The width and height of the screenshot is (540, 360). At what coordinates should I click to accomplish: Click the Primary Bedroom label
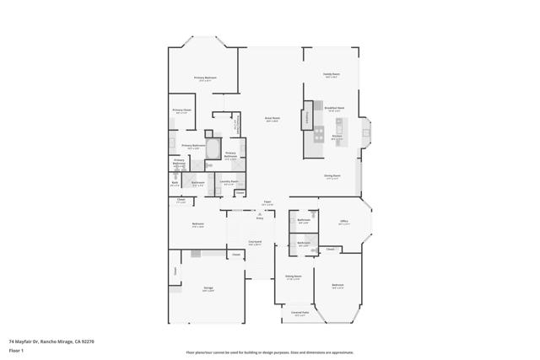[x=205, y=78]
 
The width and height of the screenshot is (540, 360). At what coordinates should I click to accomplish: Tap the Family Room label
[x=332, y=74]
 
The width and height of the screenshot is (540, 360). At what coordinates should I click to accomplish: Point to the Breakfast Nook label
[x=335, y=108]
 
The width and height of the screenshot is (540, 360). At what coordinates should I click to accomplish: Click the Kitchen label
[x=336, y=137]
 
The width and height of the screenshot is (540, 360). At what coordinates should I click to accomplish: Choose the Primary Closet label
[x=182, y=110]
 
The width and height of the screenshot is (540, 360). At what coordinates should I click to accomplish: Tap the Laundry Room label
[x=229, y=181]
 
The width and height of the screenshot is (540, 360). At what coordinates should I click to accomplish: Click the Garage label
[x=208, y=288]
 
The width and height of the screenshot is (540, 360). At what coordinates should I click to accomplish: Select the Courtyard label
[x=254, y=242]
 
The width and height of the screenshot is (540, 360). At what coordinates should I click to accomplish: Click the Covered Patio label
[x=299, y=312]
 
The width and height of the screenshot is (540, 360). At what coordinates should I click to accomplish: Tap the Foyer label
[x=267, y=202]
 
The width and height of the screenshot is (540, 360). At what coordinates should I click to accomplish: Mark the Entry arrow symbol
[x=260, y=215]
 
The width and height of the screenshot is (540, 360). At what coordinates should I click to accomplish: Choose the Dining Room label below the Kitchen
[x=332, y=176]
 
